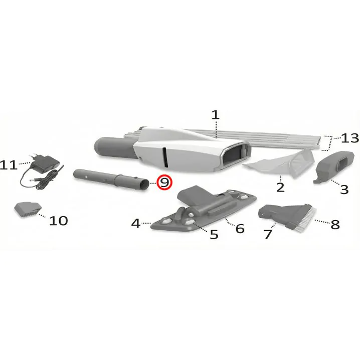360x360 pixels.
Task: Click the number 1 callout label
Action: coord(216,115)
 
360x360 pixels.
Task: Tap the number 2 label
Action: coord(280,188)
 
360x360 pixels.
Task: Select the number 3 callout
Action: coord(344,190)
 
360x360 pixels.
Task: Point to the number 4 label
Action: coord(136,223)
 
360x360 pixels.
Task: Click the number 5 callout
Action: coord(214,235)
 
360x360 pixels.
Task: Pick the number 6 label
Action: coord(240,229)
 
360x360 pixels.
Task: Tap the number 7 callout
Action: coord(268,235)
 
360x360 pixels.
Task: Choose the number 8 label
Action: coord(335,224)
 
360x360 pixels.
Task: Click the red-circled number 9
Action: coord(164,183)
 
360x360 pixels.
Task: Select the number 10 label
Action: coord(59,221)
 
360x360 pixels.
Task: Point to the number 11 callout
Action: coord(9,165)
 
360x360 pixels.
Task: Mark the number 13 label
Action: coord(350,138)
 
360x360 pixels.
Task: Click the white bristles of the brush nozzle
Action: coord(305,218)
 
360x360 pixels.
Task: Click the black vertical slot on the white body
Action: coord(165,157)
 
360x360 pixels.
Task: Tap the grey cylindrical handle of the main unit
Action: coord(115,147)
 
